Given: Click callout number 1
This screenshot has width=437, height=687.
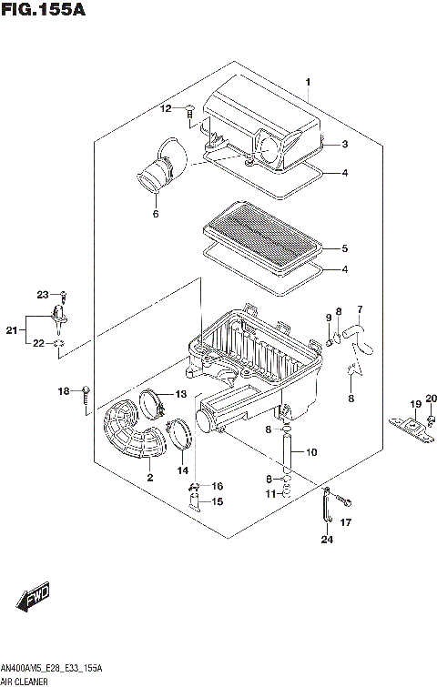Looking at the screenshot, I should tap(308, 83).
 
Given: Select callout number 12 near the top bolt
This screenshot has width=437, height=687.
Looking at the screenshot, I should tap(166, 109).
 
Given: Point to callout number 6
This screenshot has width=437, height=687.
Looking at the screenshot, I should tap(156, 215).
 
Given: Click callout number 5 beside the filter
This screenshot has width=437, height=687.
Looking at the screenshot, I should tap(344, 248).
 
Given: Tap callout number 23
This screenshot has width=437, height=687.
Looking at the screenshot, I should tap(42, 294).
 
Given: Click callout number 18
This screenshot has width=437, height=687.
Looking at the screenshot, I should tap(64, 391).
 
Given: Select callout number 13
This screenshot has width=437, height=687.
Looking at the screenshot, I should tap(180, 394).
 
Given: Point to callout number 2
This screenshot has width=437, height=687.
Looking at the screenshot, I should tap(148, 477).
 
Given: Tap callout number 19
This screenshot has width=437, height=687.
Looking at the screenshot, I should tap(414, 404).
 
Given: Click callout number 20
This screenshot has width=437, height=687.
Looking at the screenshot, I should tap(432, 398).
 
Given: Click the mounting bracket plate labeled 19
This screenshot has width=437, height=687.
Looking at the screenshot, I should tap(413, 423).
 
